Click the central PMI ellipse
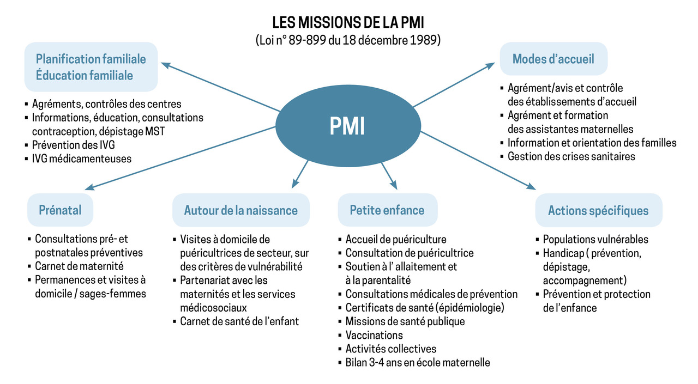(348, 126)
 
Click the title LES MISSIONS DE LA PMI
(348, 22)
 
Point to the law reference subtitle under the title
(348, 40)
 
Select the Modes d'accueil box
(553, 59)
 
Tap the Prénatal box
(60, 210)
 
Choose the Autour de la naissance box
(241, 210)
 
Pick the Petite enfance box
(387, 210)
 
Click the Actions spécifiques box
(599, 210)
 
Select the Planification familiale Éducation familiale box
(91, 67)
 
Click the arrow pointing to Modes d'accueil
(454, 84)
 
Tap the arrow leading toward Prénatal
(180, 158)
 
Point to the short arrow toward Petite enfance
(389, 176)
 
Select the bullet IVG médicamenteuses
(78, 159)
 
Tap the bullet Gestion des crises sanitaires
(568, 156)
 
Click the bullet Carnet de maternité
(76, 266)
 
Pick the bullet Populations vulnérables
(592, 239)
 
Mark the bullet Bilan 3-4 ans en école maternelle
(414, 363)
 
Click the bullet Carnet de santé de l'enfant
(236, 321)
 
